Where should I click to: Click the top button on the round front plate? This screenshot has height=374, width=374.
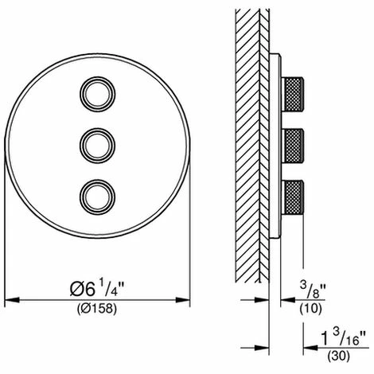coord(98,94)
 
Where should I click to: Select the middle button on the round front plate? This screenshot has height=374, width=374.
coord(98,146)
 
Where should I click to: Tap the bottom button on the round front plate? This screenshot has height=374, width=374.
coord(98,197)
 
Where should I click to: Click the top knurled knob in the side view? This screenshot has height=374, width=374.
coord(293,93)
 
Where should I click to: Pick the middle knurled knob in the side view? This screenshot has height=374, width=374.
coord(293,146)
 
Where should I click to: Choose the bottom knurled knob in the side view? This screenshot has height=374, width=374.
coord(293,197)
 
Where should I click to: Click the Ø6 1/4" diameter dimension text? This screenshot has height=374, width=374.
coord(97,288)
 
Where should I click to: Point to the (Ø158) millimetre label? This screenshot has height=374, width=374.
coord(97,309)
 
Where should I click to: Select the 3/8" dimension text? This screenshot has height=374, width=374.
coord(313,290)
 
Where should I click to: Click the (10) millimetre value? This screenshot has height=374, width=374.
coord(310,309)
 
